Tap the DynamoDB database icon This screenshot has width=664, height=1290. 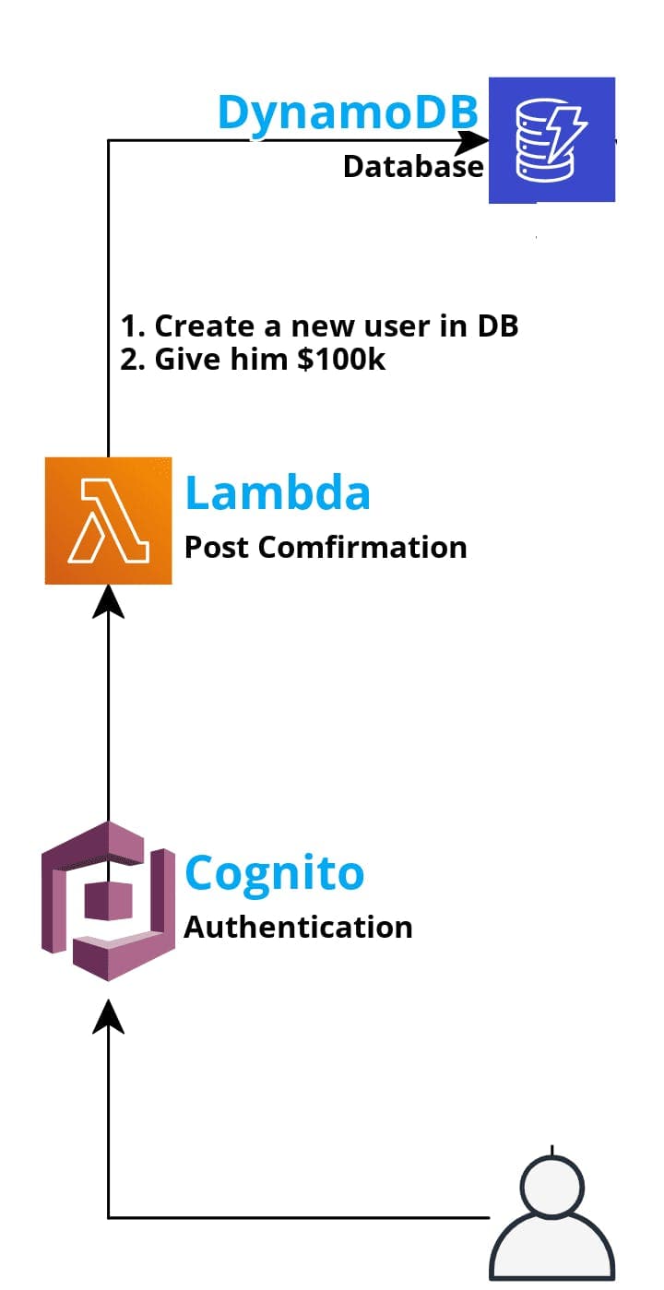(x=551, y=140)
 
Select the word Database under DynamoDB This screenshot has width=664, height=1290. (x=413, y=167)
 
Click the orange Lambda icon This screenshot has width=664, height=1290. (x=109, y=520)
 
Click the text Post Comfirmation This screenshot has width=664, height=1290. (x=326, y=548)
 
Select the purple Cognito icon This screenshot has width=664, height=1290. (x=109, y=900)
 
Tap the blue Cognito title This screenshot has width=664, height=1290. (x=275, y=872)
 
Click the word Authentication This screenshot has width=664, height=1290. (x=298, y=927)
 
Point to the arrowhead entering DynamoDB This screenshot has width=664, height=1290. (x=474, y=141)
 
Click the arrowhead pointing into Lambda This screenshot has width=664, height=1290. (x=109, y=601)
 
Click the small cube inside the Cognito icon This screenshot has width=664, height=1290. (x=101, y=900)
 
